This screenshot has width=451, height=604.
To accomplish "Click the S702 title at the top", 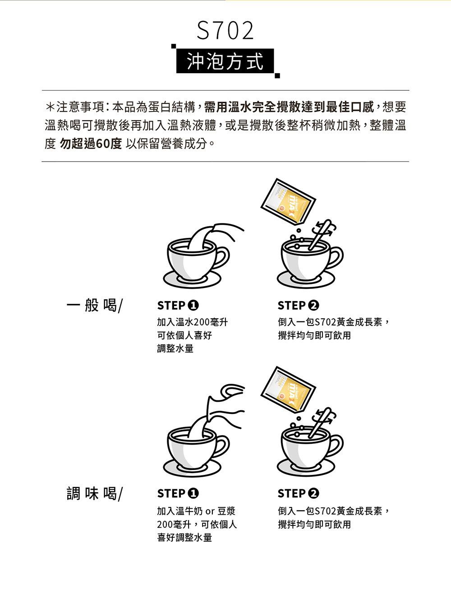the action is [x=225, y=31].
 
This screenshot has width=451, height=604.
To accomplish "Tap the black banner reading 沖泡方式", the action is [x=225, y=61].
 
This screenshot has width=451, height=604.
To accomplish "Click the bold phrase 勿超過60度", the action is [x=91, y=144].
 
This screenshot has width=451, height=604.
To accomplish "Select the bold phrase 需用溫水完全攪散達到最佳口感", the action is [x=289, y=107].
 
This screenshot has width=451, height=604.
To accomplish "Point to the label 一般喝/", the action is [x=95, y=305].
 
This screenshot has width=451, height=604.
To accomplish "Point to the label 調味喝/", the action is [x=95, y=493].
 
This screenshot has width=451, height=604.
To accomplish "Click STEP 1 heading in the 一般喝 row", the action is [x=178, y=306].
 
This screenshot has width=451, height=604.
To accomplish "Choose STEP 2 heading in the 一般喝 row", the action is [x=298, y=306].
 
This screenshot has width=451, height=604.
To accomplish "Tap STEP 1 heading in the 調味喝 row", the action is [x=178, y=493].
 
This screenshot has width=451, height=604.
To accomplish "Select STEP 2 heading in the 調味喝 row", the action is [x=298, y=493].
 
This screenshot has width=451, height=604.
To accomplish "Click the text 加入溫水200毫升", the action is [x=193, y=322].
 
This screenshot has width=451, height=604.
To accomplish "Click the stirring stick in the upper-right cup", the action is [x=320, y=235].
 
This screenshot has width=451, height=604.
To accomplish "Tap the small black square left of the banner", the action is [x=174, y=46].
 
